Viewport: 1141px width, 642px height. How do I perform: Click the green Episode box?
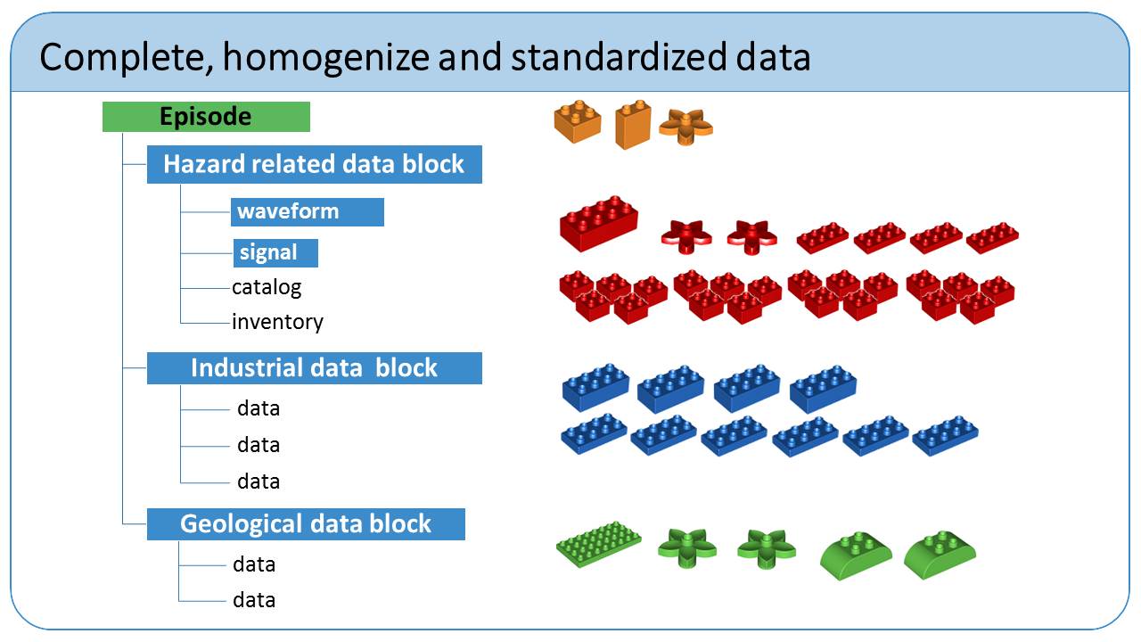pyautogui.click(x=206, y=117)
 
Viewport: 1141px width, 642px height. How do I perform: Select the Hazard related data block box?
pyautogui.click(x=315, y=165)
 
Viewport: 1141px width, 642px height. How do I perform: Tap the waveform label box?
pyautogui.click(x=308, y=212)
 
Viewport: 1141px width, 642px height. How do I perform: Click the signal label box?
pyautogui.click(x=275, y=253)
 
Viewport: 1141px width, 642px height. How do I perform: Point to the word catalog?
pyautogui.click(x=267, y=288)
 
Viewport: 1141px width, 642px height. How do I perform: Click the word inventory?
pyautogui.click(x=277, y=322)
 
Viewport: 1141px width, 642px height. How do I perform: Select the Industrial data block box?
pyautogui.click(x=315, y=368)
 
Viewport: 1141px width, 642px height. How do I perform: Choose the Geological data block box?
pyautogui.click(x=306, y=523)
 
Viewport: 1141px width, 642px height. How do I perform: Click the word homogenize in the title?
pyautogui.click(x=326, y=57)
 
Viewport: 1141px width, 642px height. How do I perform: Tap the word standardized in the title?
pyautogui.click(x=619, y=57)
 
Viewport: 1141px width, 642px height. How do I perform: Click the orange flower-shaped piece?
pyautogui.click(x=685, y=127)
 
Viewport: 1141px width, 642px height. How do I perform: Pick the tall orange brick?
pyautogui.click(x=633, y=124)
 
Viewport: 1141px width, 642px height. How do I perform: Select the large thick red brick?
pyautogui.click(x=598, y=223)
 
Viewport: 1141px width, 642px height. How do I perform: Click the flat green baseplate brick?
pyautogui.click(x=598, y=544)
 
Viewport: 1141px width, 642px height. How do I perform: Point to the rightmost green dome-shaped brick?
pyautogui.click(x=940, y=555)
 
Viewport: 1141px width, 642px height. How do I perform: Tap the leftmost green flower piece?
pyautogui.click(x=687, y=547)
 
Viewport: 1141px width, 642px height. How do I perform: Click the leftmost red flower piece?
pyautogui.click(x=686, y=236)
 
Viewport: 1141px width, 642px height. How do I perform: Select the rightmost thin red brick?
pyautogui.click(x=992, y=238)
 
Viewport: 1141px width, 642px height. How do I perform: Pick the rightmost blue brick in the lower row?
pyautogui.click(x=945, y=436)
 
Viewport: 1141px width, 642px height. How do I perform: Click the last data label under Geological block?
pyautogui.click(x=254, y=600)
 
